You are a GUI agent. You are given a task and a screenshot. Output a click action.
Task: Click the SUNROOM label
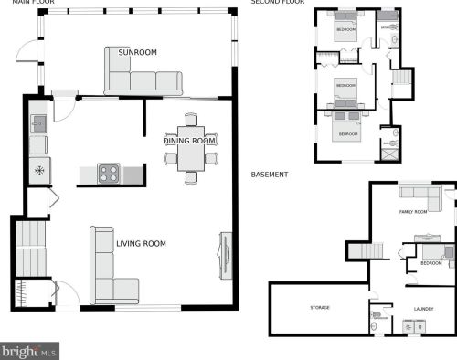137,53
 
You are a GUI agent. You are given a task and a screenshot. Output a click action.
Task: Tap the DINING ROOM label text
189,141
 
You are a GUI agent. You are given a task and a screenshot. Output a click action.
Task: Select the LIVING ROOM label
141,243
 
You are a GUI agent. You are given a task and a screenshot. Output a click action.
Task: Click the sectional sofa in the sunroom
142,75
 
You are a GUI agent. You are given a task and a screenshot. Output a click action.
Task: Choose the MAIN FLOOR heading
34,3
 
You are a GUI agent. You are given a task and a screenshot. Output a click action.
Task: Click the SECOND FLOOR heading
277,3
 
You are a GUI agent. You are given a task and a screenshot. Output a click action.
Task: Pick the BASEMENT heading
270,175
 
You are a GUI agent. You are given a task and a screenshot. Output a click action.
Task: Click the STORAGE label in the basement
319,308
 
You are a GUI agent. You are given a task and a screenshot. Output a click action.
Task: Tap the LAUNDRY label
422,309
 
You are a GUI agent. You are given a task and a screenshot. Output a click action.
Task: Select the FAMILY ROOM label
413,212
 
